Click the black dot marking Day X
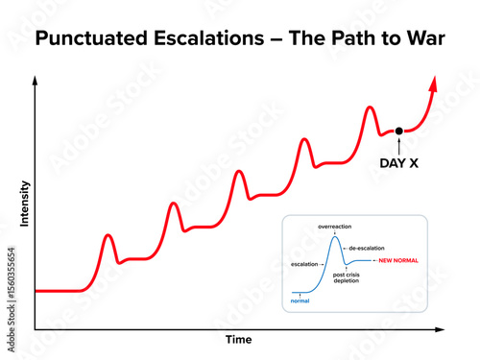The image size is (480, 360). [399, 130]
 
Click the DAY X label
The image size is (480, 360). [399, 163]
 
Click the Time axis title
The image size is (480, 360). [238, 340]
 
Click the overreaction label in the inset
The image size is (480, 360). [335, 227]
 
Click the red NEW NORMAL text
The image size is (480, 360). [398, 261]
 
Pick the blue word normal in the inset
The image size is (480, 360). [300, 301]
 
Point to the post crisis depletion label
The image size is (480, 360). [347, 277]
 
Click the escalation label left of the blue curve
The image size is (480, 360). [304, 262]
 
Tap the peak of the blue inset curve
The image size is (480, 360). [335, 237]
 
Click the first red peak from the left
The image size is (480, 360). [108, 234]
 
